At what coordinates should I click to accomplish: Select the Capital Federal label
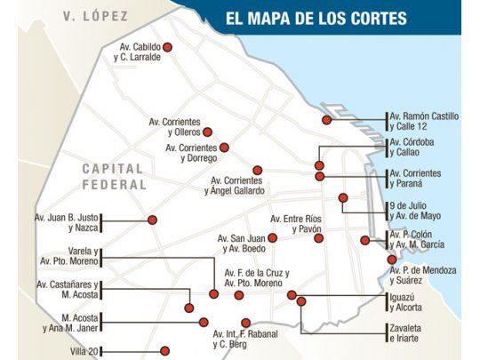[x=114, y=176]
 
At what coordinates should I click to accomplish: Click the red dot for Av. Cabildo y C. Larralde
[x=166, y=48]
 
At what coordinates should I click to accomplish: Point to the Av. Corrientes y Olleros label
[x=178, y=127]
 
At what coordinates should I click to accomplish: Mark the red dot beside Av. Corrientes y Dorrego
[x=224, y=148]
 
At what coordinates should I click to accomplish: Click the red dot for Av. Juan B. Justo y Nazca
[x=152, y=219]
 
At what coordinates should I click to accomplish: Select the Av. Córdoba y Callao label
[x=413, y=148]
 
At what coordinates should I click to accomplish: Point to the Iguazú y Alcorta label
[x=406, y=302]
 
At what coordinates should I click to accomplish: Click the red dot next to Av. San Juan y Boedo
[x=273, y=237]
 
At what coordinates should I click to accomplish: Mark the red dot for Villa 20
[x=164, y=350]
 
